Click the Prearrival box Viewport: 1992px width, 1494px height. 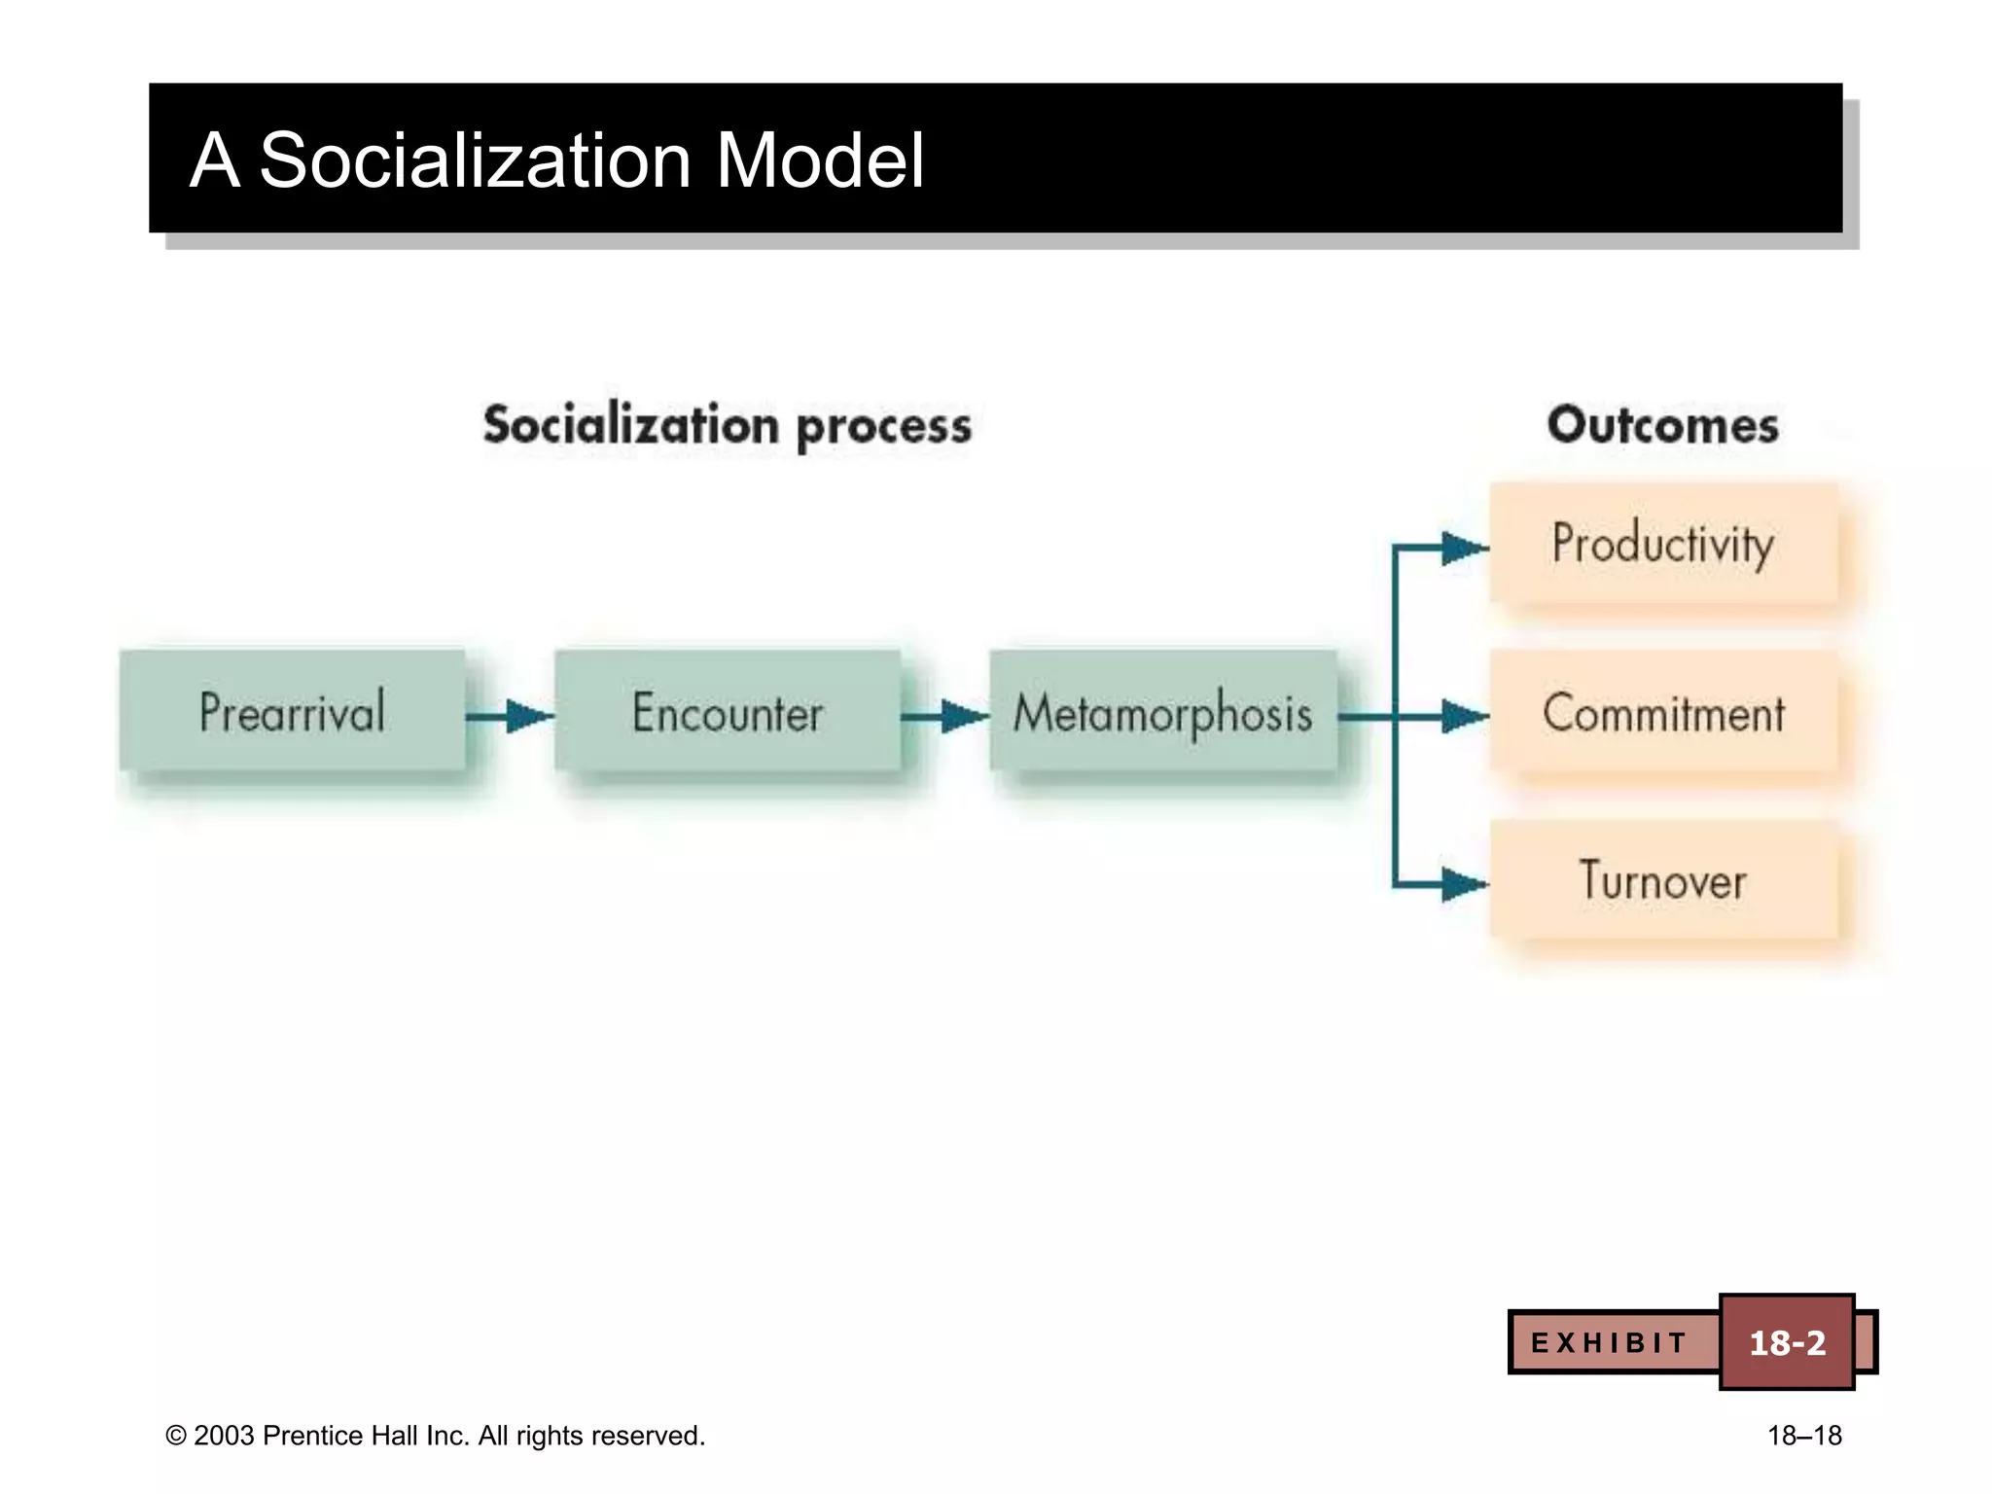pos(292,711)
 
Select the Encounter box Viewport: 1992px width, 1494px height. pos(727,711)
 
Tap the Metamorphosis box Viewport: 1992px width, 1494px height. pos(1162,711)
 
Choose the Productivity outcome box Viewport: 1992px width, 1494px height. pos(1663,543)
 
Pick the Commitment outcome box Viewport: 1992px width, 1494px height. pos(1663,713)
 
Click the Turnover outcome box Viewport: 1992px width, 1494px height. pos(1663,880)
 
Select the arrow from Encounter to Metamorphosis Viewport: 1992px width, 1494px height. pos(944,717)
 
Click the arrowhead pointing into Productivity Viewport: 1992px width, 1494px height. pos(1462,548)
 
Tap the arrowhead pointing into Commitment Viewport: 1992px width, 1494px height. pos(1462,717)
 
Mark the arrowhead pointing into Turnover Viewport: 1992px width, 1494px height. pos(1462,884)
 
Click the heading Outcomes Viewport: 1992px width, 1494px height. pos(1663,425)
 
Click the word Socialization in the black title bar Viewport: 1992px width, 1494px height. pos(476,160)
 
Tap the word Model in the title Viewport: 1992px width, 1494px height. pos(820,160)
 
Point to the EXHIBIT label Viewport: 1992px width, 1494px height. pos(1609,1343)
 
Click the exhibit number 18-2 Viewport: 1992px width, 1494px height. pos(1787,1343)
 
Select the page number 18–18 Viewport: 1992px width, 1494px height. pos(1804,1436)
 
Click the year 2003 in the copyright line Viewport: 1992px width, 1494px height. pos(224,1436)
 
